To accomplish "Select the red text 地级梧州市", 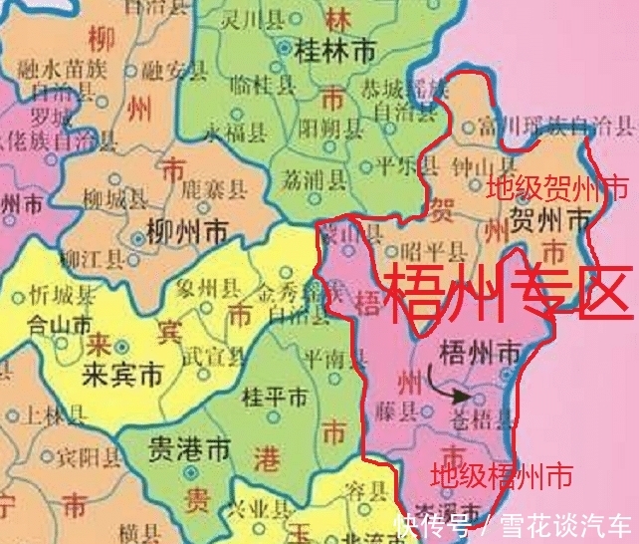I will [501, 475].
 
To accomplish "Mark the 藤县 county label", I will [395, 409].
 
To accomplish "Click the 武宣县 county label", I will [213, 356].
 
